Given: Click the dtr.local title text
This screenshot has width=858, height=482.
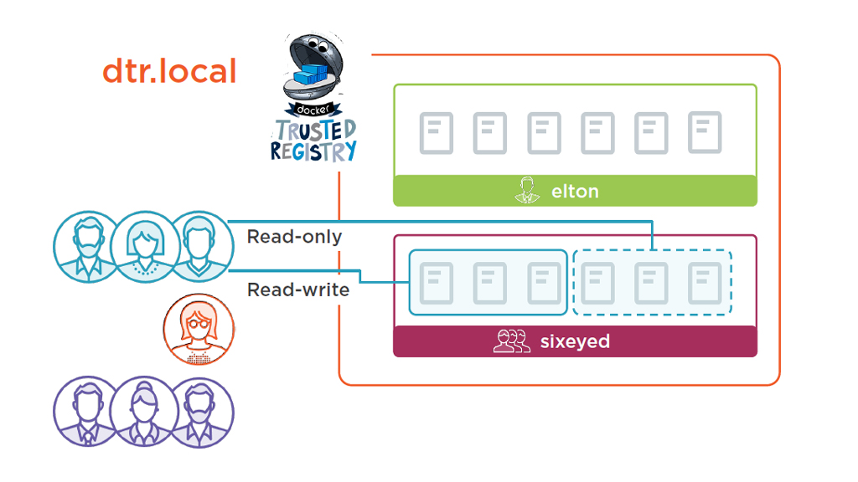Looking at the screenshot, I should (x=169, y=70).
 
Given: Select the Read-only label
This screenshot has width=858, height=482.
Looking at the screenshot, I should (x=294, y=237).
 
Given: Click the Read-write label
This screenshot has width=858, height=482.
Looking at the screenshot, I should (x=297, y=290).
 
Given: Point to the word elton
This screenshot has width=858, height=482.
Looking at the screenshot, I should (x=575, y=191).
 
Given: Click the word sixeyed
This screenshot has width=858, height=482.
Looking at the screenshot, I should (x=575, y=341).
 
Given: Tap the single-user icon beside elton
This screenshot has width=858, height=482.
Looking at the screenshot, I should (x=525, y=190).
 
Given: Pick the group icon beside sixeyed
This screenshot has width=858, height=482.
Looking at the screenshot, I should (x=511, y=341).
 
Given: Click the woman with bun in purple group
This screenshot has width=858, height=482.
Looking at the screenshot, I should (x=143, y=413).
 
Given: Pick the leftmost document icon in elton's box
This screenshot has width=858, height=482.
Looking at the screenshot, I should (x=436, y=133).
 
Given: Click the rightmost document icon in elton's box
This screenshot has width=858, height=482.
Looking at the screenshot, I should (x=705, y=133).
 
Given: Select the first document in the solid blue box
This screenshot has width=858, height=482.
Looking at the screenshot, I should (x=436, y=283).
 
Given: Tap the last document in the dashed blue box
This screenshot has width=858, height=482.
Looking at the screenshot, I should (x=705, y=283).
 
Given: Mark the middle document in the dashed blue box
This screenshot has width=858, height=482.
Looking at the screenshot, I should (x=651, y=283).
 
